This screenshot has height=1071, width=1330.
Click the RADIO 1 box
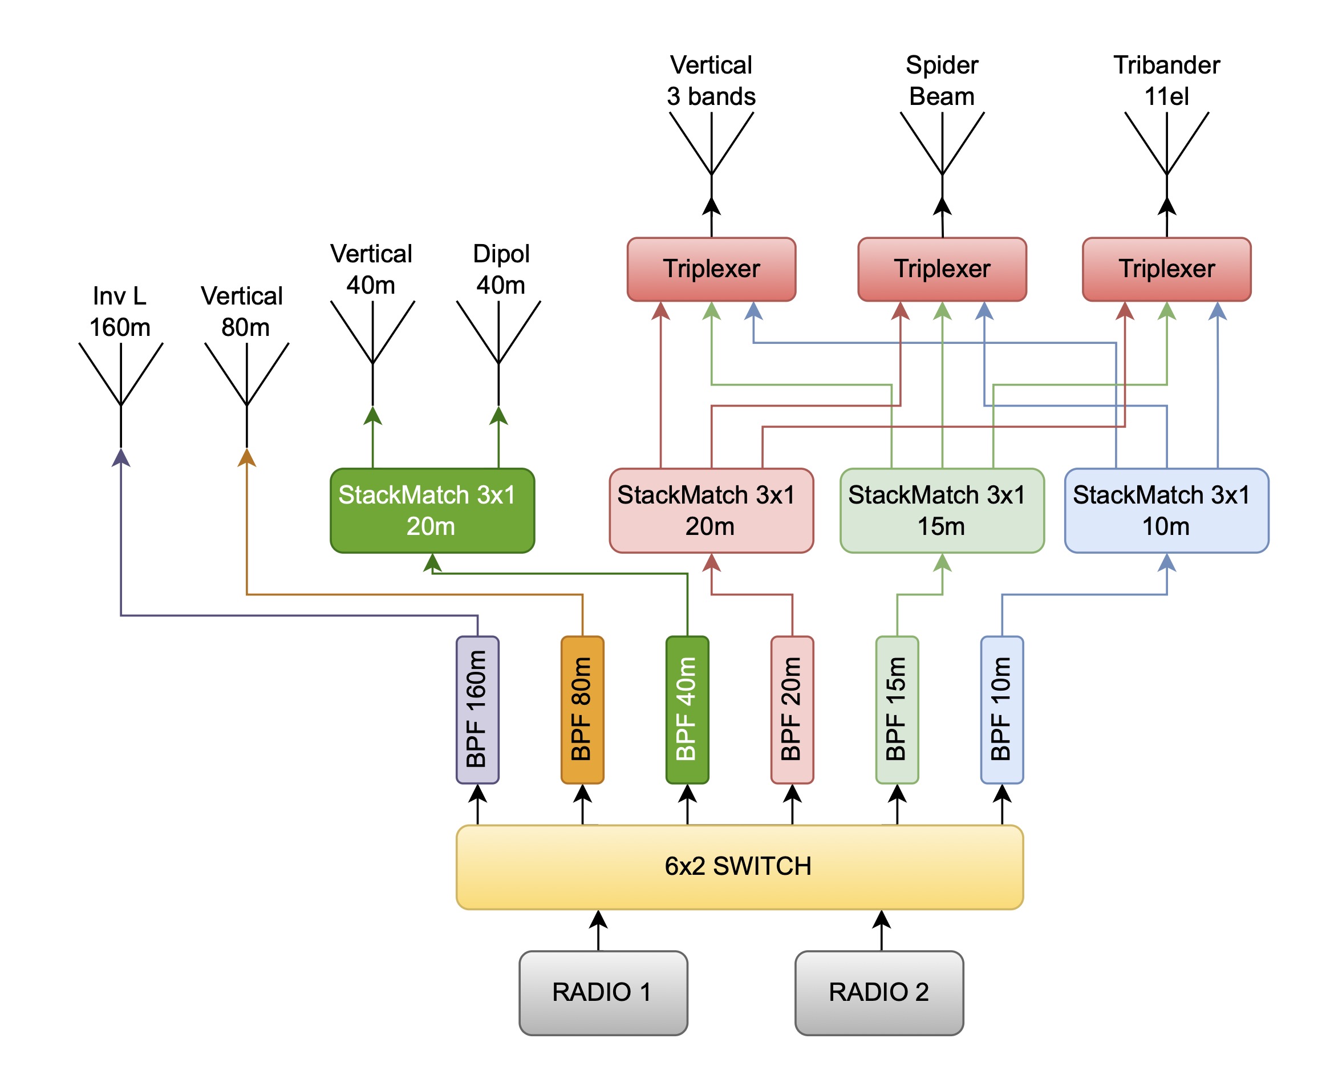603,993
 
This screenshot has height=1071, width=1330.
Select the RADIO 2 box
879,993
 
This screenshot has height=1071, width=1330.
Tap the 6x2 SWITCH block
740,867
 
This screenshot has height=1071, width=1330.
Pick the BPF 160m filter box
477,709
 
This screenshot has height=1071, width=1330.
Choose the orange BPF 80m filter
582,709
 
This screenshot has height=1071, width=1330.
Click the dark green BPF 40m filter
687,709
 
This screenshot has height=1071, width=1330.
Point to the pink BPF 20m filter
792,709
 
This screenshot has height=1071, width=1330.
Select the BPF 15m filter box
897,709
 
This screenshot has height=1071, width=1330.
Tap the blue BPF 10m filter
1002,709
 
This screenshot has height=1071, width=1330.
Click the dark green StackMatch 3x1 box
432,510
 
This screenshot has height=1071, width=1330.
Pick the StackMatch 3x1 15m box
942,510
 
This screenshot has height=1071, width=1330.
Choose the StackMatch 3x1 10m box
1166,510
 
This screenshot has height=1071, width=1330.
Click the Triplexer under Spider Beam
942,269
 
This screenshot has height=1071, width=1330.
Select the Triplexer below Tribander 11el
1166,269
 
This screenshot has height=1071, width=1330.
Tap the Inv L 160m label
120,311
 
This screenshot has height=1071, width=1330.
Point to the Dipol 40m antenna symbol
498,353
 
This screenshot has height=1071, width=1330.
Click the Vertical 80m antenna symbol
247,395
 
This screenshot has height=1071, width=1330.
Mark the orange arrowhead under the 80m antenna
247,457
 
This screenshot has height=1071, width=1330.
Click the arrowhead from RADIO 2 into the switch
882,919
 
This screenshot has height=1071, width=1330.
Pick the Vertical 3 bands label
711,81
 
